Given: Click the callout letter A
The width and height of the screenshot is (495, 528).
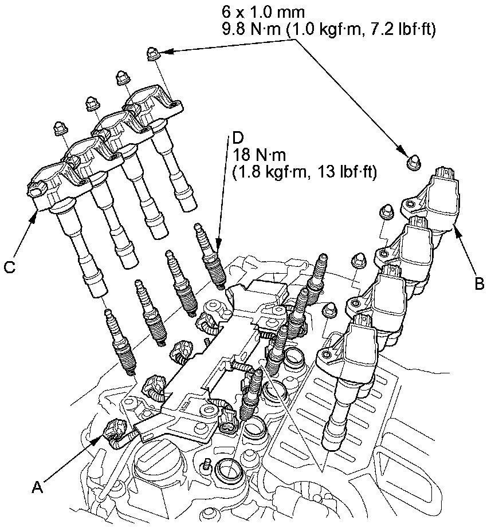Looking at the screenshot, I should (38, 487).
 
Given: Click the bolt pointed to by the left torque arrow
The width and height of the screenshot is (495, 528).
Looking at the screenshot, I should (153, 54).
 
